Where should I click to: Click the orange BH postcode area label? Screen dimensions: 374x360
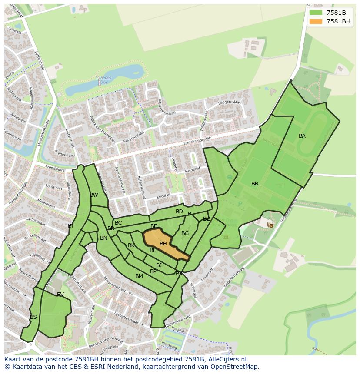[163, 244]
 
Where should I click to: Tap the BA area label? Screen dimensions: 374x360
[302, 136]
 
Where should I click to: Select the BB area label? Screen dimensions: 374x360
[255, 184]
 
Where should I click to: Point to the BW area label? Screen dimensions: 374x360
[94, 195]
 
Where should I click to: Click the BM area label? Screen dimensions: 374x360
[139, 276]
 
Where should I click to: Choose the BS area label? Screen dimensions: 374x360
[33, 317]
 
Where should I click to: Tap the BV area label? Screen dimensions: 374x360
[60, 295]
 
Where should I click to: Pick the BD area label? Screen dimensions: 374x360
[179, 212]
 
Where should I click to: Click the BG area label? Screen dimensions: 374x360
[185, 233]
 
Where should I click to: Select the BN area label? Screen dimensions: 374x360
[103, 238]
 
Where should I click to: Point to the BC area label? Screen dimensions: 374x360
[118, 223]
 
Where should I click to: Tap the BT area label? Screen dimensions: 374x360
[71, 226]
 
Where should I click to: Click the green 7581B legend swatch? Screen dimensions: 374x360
[316, 13]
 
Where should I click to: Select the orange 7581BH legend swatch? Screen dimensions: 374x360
[316, 21]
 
